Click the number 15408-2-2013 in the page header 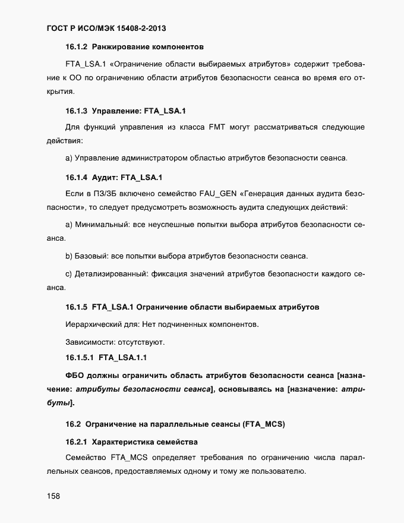click(x=146, y=29)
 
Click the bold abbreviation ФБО click(x=77, y=376)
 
